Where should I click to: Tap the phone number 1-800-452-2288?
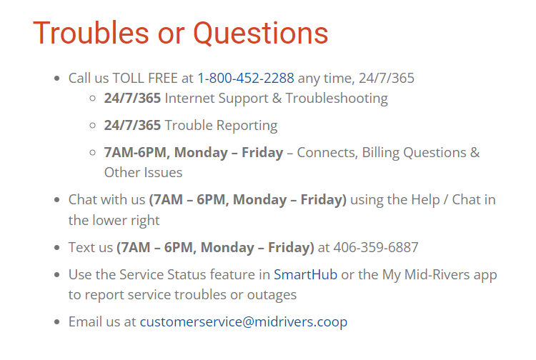point(246,78)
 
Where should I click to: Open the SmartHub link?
point(305,274)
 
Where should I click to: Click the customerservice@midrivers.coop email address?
point(244,321)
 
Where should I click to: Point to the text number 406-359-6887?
point(375,247)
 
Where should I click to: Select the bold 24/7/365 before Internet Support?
point(132,98)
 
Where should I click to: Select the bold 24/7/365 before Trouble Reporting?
point(132,125)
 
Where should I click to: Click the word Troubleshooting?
point(337,98)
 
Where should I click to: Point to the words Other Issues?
point(143,172)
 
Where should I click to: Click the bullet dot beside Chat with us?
point(56,200)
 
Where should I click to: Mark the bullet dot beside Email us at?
point(56,321)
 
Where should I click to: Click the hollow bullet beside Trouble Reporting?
point(92,125)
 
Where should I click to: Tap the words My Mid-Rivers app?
point(437,274)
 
